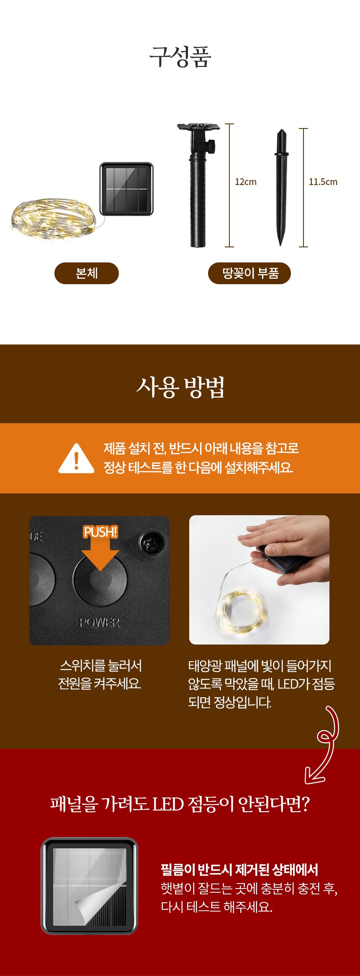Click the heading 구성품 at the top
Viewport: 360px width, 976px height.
point(180,57)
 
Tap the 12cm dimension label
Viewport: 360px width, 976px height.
point(246,182)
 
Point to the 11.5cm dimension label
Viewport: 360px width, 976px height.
point(323,182)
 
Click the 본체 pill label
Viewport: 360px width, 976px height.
point(87,273)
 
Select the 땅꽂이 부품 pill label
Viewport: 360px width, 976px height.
point(249,273)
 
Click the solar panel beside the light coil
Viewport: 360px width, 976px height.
point(126,189)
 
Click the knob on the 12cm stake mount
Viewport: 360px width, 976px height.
point(213,146)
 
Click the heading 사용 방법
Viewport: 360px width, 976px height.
point(180,387)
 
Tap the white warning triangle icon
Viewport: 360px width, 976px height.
point(76,458)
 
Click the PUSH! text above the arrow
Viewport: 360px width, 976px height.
point(100,532)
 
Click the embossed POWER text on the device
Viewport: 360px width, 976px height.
point(100,623)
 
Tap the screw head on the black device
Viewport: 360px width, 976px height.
point(151,543)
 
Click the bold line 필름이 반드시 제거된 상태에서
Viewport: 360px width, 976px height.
point(239,870)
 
